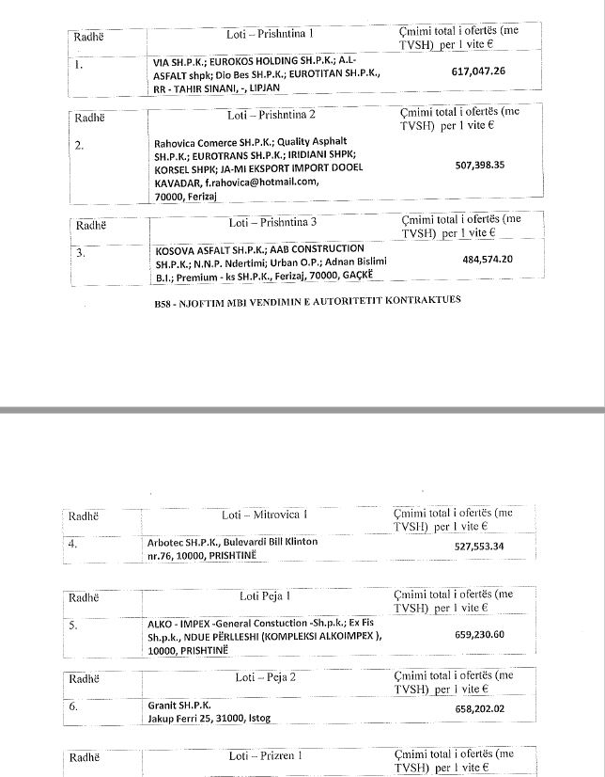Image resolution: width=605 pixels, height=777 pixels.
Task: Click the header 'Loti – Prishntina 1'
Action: click(x=272, y=34)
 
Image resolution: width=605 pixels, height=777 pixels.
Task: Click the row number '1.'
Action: click(x=79, y=66)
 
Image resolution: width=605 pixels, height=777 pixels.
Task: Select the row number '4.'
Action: click(x=73, y=543)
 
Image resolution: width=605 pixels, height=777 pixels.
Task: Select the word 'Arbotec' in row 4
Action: click(x=165, y=542)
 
